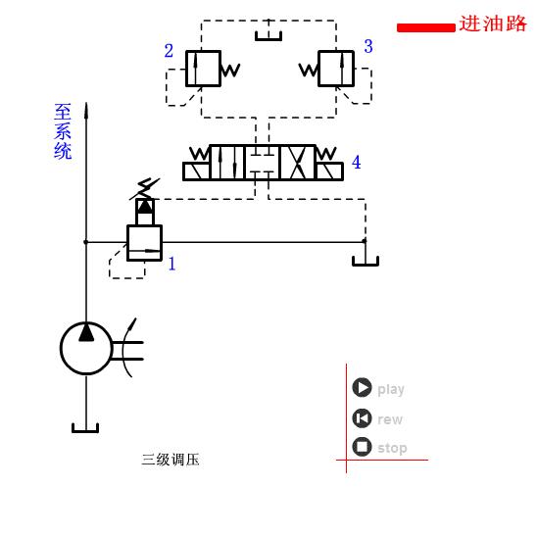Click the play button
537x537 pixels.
363,388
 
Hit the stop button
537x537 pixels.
363,447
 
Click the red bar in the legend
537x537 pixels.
425,27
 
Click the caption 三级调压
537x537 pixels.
171,460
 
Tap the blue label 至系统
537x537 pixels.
63,132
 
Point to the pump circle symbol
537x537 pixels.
86,348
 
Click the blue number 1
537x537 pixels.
172,264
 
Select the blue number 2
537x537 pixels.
169,51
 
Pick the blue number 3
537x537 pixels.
368,46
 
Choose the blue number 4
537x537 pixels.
357,163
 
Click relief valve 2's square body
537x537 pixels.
203,69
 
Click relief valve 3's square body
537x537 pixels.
336,69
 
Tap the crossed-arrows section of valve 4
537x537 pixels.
297,163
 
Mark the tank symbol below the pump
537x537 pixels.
85,427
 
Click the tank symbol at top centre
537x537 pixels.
268,36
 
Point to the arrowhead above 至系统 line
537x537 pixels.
86,110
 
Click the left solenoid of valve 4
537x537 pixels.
197,171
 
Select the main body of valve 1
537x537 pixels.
144,242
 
